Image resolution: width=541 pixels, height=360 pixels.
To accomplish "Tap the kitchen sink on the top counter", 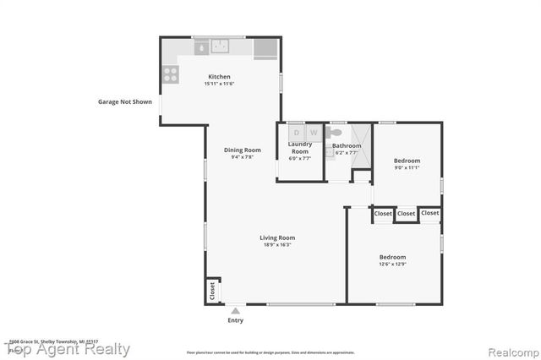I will [221, 47].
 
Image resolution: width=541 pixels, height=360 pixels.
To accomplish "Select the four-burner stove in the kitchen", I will [170, 74].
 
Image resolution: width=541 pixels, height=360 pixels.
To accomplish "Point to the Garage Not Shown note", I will [124, 101].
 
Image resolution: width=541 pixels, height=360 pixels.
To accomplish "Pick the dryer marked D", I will [296, 133].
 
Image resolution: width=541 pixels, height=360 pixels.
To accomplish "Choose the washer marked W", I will [313, 133].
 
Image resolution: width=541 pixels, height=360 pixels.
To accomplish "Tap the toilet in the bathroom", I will [336, 133].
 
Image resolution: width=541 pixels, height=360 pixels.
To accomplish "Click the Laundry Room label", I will [300, 147].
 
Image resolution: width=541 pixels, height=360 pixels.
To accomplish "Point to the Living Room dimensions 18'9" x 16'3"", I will [277, 245].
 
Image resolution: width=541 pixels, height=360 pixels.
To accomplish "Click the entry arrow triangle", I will [235, 311].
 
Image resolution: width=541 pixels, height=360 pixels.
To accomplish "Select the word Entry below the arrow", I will [235, 320].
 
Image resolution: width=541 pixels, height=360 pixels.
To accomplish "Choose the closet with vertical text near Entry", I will [212, 291].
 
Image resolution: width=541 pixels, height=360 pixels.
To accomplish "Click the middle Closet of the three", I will [406, 214].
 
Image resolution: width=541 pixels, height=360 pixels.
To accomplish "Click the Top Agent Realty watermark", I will [68, 349].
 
